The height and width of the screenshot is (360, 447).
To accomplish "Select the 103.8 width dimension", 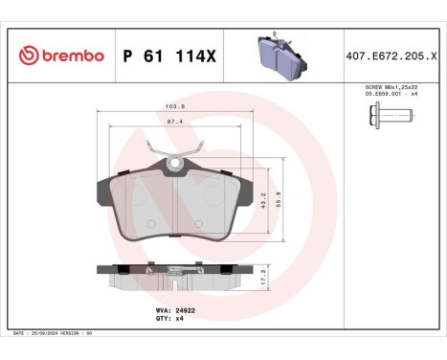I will [x=174, y=107].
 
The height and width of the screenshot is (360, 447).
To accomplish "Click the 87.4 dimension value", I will [x=174, y=123].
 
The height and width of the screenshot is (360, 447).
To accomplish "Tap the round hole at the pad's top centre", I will [x=174, y=166].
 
